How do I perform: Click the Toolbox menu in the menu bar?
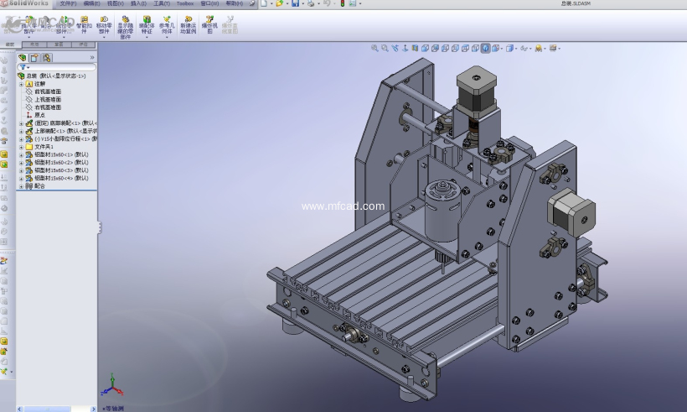coord(184,3)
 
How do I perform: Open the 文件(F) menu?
coord(68,3)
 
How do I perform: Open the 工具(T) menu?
coord(161,3)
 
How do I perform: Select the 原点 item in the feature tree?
coord(46,115)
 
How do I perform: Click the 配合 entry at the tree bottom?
coord(39,185)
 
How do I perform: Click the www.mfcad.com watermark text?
coord(343,206)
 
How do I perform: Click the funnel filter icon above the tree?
coord(23,66)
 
